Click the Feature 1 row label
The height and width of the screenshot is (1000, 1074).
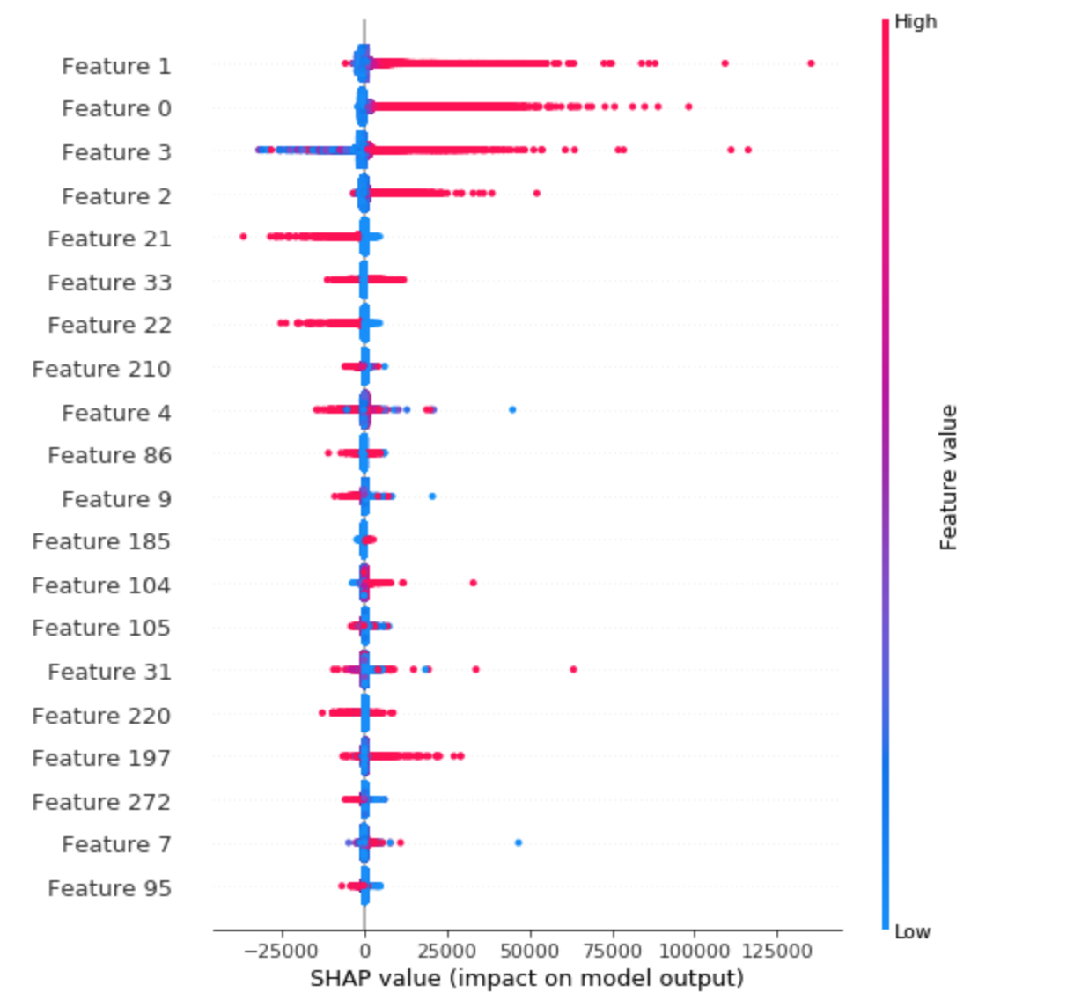click(116, 66)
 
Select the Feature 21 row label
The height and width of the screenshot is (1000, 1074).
click(109, 239)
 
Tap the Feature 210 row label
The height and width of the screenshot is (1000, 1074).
click(101, 369)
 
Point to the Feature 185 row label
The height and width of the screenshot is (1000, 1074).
click(101, 541)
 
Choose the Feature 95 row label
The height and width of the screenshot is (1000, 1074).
click(109, 888)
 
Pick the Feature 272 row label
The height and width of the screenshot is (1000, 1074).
click(101, 802)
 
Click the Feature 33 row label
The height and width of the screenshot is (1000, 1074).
click(109, 283)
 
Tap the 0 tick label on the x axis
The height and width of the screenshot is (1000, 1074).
click(364, 952)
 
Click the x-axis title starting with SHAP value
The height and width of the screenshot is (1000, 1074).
click(526, 978)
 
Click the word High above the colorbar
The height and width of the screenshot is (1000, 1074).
click(916, 22)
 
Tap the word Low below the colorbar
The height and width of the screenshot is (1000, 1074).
click(912, 932)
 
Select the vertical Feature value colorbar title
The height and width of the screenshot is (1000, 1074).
click(948, 477)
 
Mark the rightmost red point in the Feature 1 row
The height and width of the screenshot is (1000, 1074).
click(811, 63)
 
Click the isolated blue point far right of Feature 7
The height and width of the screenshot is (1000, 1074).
click(518, 842)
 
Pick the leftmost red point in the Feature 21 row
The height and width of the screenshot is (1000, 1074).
click(243, 236)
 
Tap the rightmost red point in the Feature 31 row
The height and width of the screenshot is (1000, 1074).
click(573, 669)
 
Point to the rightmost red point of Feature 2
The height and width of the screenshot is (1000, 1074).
click(537, 193)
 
